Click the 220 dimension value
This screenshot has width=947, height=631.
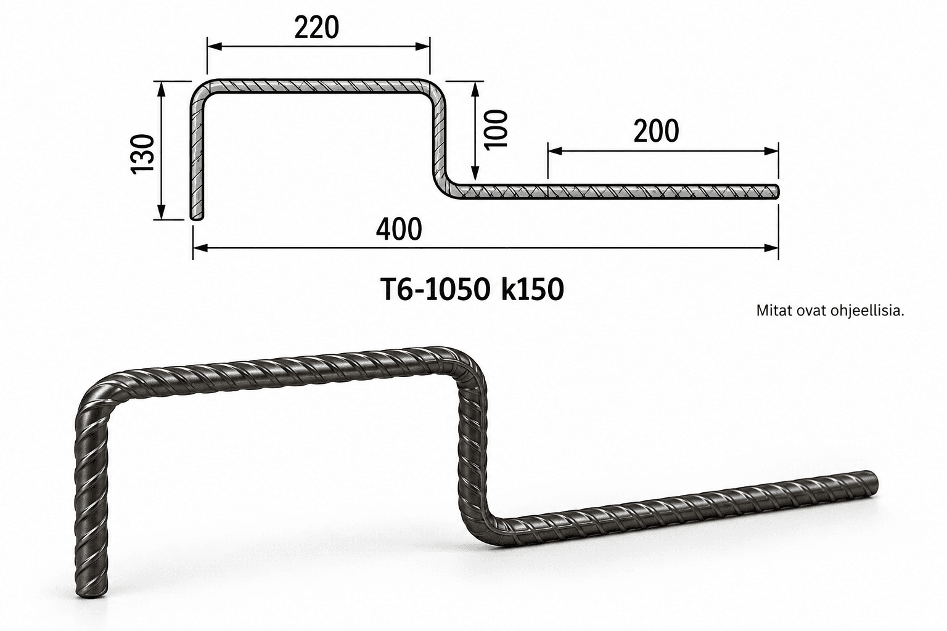click(x=317, y=28)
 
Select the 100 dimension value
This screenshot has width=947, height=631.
click(x=496, y=129)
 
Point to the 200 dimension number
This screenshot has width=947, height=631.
click(x=656, y=131)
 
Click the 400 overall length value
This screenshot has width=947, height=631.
click(x=399, y=229)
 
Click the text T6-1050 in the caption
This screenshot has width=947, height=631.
click(x=435, y=290)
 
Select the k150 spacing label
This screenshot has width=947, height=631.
click(x=533, y=290)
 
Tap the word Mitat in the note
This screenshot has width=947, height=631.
click(x=770, y=311)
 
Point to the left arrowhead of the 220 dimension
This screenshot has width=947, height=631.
click(x=215, y=46)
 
